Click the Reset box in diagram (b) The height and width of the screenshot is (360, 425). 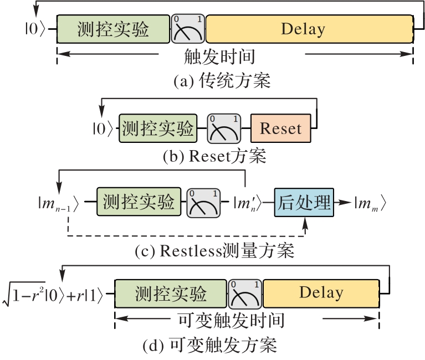pyautogui.click(x=280, y=129)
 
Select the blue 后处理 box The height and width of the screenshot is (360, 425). pyautogui.click(x=304, y=201)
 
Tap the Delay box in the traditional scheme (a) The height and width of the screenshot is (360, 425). pyautogui.click(x=309, y=29)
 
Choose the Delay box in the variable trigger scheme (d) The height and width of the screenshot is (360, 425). pyautogui.click(x=321, y=293)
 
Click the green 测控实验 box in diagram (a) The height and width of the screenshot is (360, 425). pyautogui.click(x=113, y=29)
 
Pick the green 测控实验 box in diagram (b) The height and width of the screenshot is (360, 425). pyautogui.click(x=158, y=129)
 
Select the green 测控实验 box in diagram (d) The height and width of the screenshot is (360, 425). pyautogui.click(x=170, y=294)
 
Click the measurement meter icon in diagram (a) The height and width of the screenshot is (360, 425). pyautogui.click(x=188, y=29)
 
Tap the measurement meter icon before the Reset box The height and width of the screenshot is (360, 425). pyautogui.click(x=223, y=129)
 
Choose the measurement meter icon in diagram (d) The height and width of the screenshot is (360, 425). pyautogui.click(x=245, y=294)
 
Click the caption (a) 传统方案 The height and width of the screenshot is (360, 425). pyautogui.click(x=222, y=81)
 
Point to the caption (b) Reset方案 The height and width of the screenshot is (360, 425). pyautogui.click(x=214, y=157)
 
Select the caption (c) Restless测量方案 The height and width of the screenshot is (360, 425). pyautogui.click(x=214, y=251)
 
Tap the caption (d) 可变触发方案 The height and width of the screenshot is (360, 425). pyautogui.click(x=209, y=346)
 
